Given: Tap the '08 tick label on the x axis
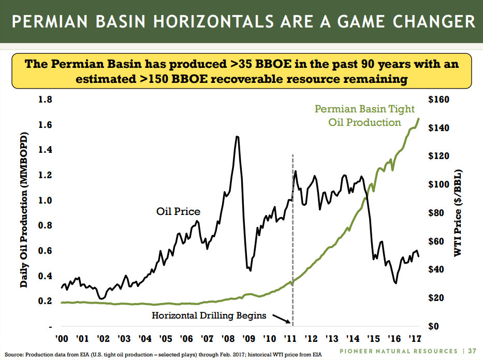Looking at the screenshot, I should pyautogui.click(x=228, y=339).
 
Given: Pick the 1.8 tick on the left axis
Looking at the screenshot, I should pyautogui.click(x=46, y=99).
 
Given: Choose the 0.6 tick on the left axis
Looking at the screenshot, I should pyautogui.click(x=46, y=251).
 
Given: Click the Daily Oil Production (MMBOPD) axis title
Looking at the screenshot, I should pyautogui.click(x=23, y=213).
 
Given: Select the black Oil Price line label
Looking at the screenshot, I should pyautogui.click(x=178, y=211).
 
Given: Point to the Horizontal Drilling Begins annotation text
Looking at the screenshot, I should pyautogui.click(x=209, y=315).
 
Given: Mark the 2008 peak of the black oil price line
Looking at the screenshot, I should pyautogui.click(x=237, y=137).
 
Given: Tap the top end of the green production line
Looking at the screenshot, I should pyautogui.click(x=418, y=119).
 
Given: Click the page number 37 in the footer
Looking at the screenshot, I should pyautogui.click(x=473, y=351).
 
